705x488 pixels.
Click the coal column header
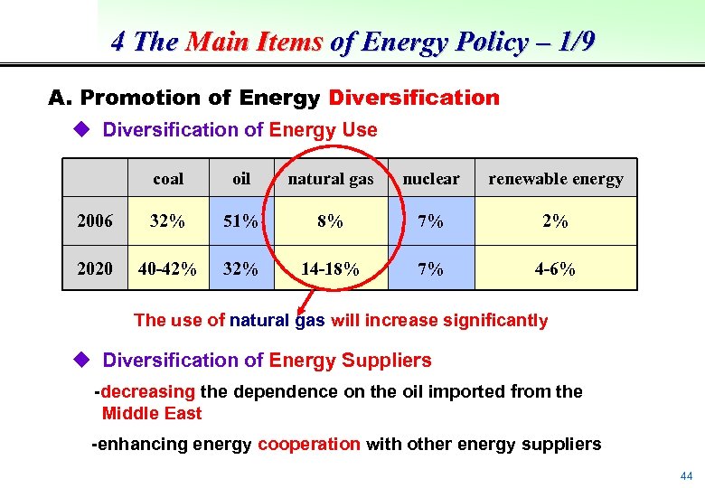click(x=168, y=179)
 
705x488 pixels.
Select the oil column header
click(x=241, y=179)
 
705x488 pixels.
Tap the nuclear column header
click(x=431, y=179)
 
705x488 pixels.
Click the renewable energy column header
click(x=555, y=179)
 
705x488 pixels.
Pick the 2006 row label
click(x=95, y=221)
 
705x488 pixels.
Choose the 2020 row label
click(x=95, y=268)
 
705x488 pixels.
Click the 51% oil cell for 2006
click(x=241, y=221)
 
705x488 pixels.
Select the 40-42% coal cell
click(x=168, y=268)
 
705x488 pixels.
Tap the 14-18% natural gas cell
click(x=330, y=268)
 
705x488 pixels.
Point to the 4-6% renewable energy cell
click(x=555, y=268)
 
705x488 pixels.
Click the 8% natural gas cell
click(x=330, y=221)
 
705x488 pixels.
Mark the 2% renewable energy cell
click(x=555, y=221)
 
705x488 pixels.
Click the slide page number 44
click(x=686, y=475)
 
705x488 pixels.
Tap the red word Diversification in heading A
click(x=414, y=98)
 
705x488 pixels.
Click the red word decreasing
click(x=148, y=392)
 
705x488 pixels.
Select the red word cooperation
click(x=309, y=444)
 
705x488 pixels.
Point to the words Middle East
click(x=152, y=414)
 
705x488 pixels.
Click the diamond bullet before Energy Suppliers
click(x=82, y=361)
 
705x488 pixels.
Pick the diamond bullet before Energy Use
click(x=82, y=130)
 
